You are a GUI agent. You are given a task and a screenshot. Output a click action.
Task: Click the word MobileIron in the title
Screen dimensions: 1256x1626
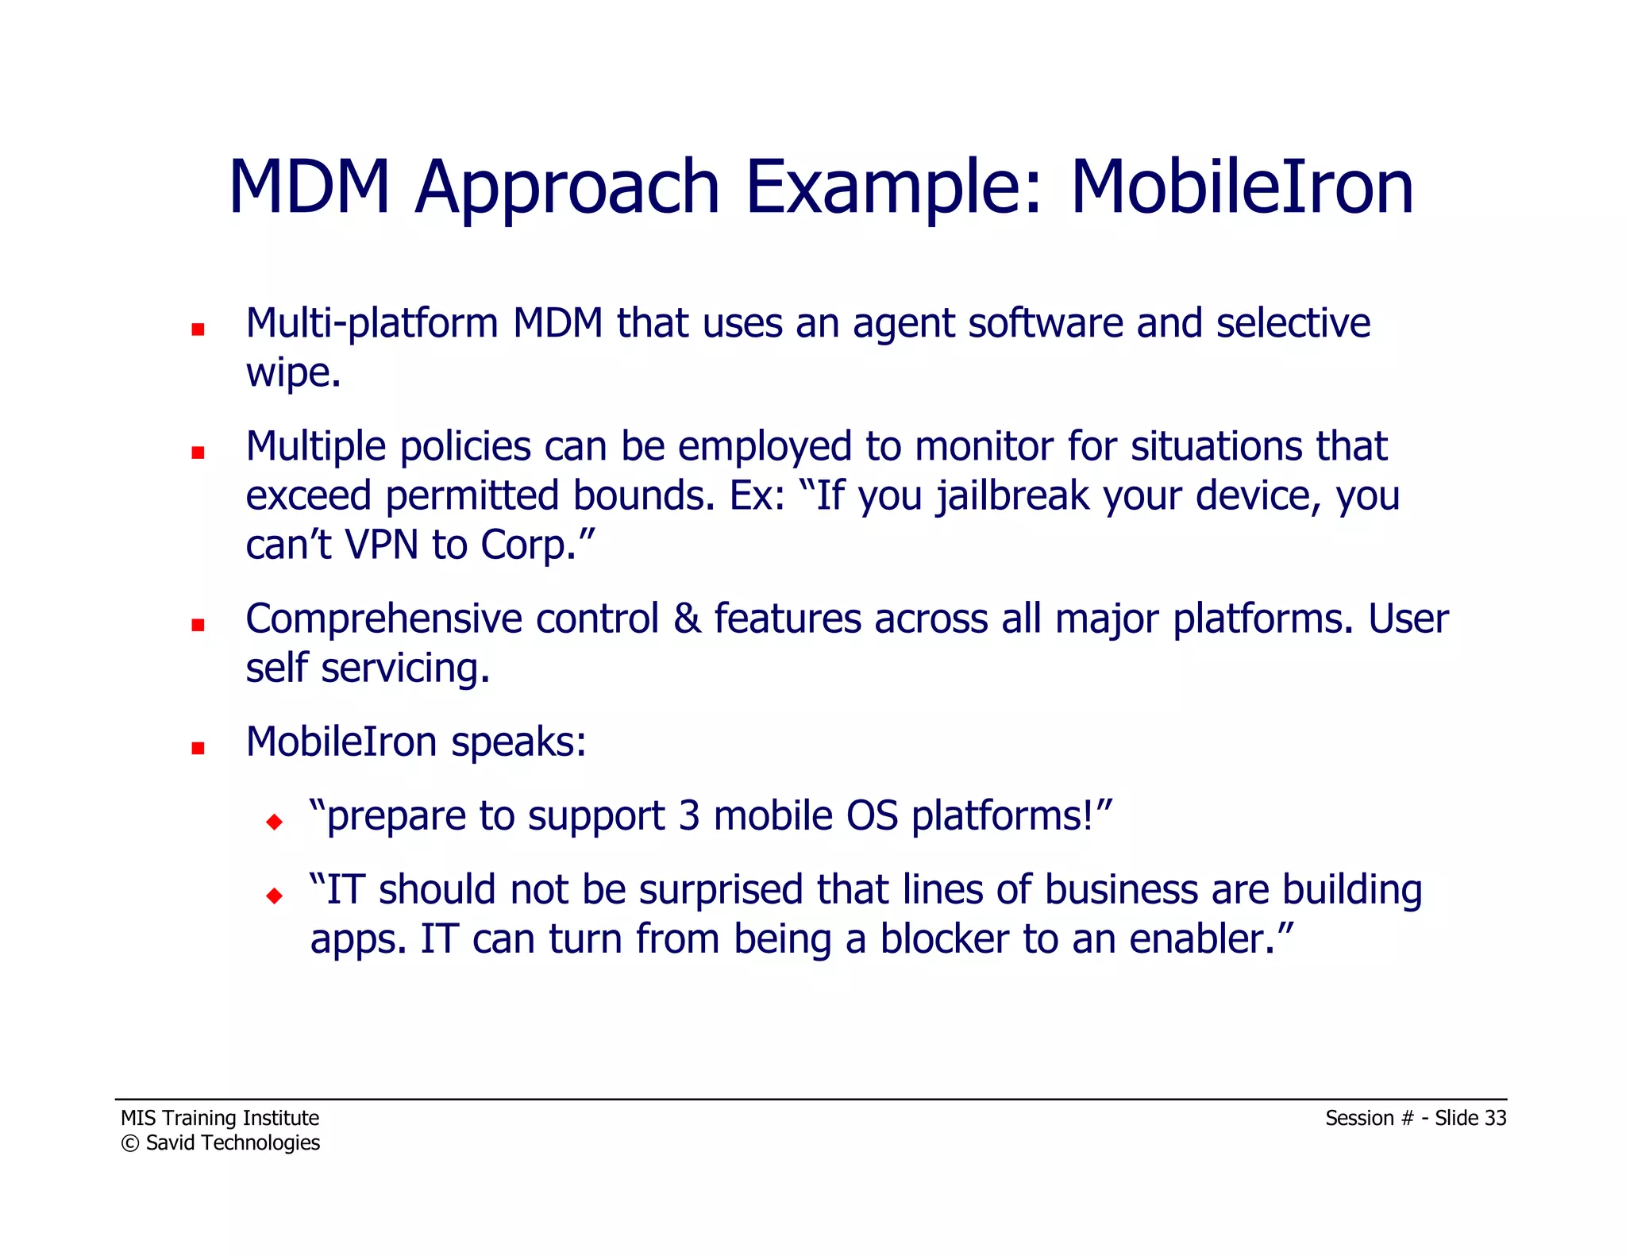click(1242, 187)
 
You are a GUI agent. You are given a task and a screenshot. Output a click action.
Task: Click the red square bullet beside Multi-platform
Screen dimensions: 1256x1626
click(198, 329)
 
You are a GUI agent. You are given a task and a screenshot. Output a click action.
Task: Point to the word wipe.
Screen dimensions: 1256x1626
click(292, 374)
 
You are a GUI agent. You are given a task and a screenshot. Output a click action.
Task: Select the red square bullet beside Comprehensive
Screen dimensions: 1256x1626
click(198, 626)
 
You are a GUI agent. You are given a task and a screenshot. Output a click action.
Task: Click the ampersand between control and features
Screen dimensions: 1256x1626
click(687, 619)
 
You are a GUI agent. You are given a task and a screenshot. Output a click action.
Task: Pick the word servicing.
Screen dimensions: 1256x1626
click(405, 668)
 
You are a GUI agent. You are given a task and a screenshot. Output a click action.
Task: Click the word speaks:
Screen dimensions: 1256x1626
click(518, 743)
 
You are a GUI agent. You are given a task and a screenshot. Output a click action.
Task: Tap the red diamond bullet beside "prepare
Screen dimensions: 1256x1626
click(275, 822)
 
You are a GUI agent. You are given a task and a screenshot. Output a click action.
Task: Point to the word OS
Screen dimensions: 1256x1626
click(872, 816)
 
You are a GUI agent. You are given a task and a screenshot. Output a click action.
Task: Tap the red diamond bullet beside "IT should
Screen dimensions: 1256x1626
click(275, 896)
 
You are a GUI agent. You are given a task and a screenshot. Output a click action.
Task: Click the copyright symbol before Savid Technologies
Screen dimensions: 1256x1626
click(129, 1143)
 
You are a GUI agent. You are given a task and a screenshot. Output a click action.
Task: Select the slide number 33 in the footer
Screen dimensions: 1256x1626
click(1495, 1118)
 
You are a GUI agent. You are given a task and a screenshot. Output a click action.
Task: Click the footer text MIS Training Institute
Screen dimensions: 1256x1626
click(220, 1118)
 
